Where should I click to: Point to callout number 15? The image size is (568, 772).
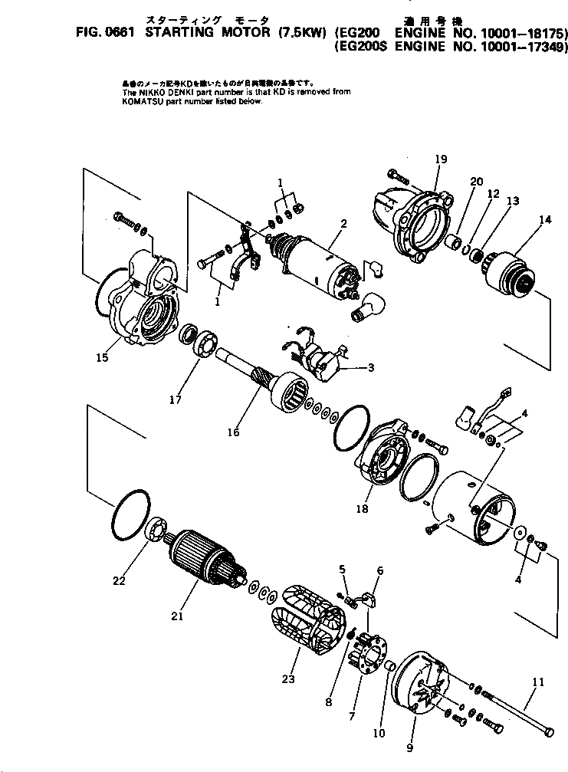[x=102, y=357]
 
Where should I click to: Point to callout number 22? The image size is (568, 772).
[x=118, y=581]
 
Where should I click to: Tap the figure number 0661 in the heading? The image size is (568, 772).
[x=100, y=32]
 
